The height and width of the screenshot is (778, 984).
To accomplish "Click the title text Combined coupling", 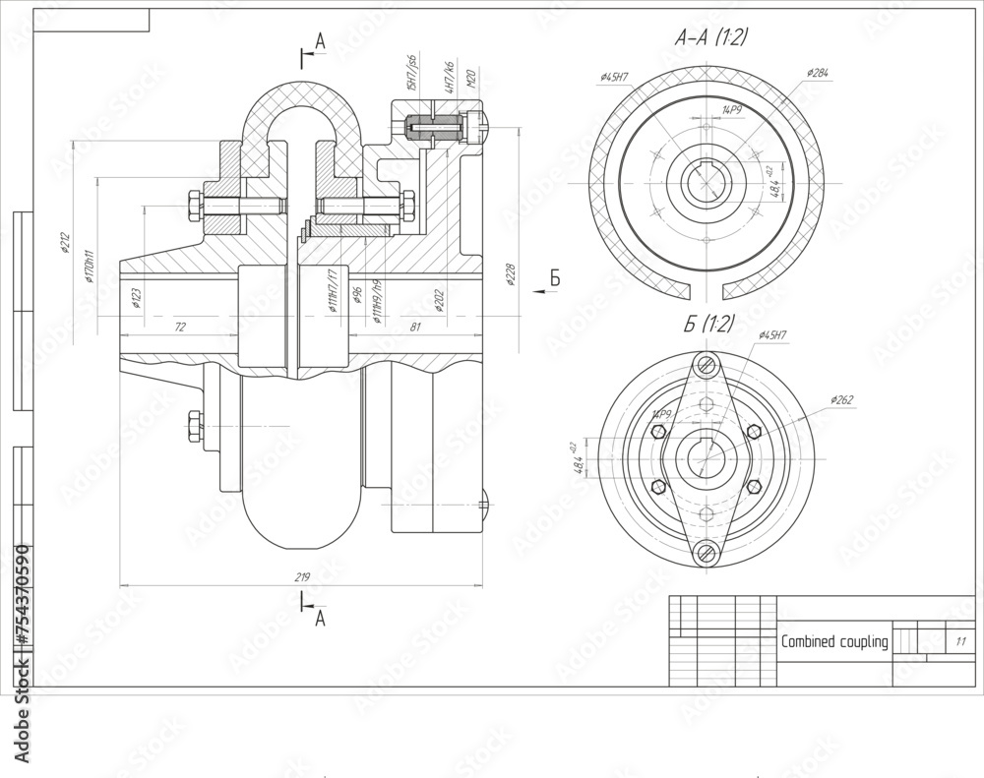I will tap(833, 642).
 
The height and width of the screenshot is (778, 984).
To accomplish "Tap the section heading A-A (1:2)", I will tap(710, 38).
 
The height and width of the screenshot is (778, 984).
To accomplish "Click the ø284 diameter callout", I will tap(816, 73).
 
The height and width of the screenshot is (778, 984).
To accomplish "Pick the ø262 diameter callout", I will tap(842, 399).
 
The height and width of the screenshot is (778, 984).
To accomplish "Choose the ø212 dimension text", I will tap(65, 242).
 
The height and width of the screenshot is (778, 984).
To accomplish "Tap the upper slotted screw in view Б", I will tap(707, 365).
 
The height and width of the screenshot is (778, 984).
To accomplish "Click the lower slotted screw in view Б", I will tap(707, 553).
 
